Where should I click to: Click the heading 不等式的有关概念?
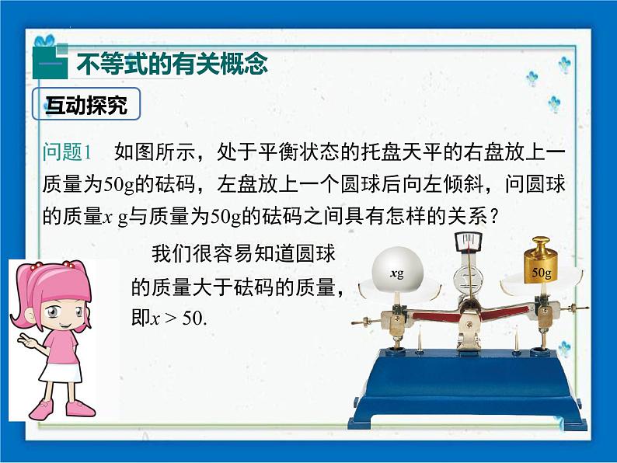click(x=172, y=64)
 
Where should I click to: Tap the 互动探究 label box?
click(x=85, y=105)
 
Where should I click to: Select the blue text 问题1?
click(x=68, y=151)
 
